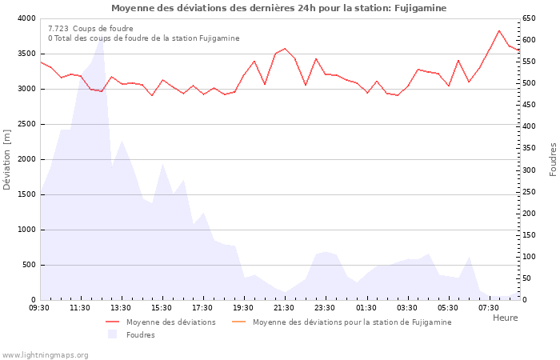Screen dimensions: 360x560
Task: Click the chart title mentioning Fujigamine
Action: (x=279, y=8)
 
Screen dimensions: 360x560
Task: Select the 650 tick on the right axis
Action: (x=530, y=18)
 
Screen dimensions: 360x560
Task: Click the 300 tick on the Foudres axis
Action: (x=530, y=170)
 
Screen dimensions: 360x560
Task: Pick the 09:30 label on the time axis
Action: (x=39, y=307)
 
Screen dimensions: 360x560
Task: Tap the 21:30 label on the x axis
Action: (x=284, y=307)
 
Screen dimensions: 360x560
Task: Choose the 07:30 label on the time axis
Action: (x=488, y=307)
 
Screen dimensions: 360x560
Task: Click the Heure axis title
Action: (x=505, y=318)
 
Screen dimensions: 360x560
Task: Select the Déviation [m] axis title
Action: (x=8, y=159)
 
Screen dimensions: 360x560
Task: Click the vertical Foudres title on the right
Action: (x=553, y=159)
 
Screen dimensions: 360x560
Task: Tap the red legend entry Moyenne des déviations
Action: (x=170, y=322)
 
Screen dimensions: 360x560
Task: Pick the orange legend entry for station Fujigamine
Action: (x=351, y=322)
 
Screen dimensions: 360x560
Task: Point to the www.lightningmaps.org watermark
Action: (x=46, y=354)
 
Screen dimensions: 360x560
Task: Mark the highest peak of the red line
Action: (x=499, y=30)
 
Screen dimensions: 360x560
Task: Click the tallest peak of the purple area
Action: (x=101, y=38)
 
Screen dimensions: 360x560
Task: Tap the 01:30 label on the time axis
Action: (x=366, y=307)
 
